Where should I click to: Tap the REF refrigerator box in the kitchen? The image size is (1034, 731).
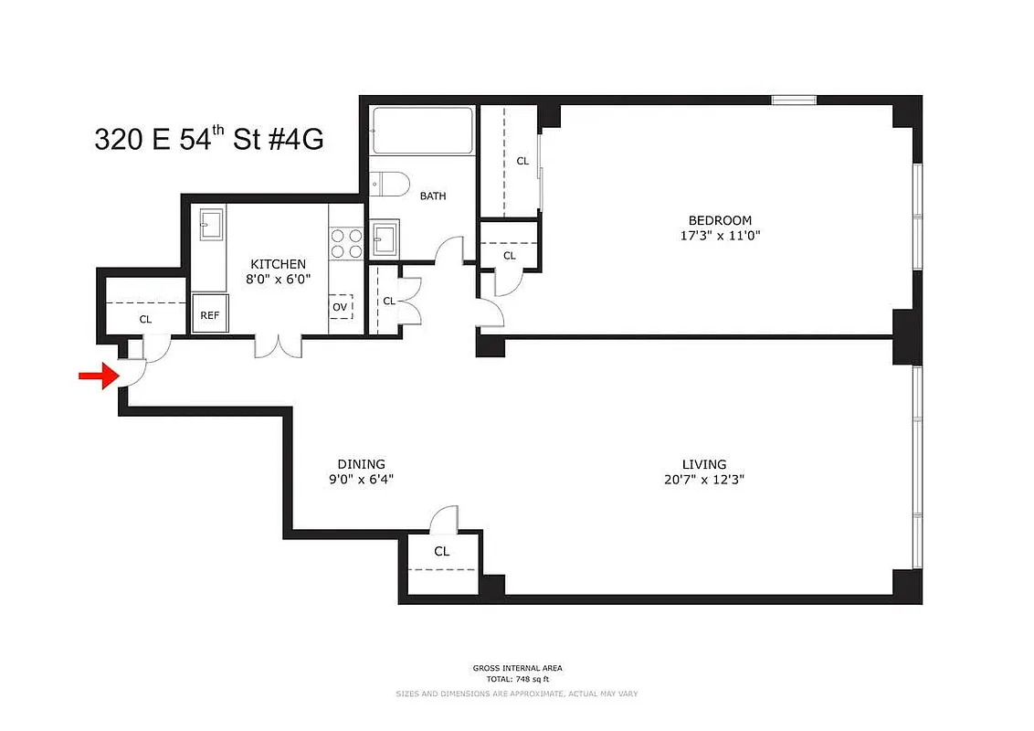click(x=210, y=315)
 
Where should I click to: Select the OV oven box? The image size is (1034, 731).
click(x=341, y=307)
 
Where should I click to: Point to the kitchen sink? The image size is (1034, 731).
click(x=212, y=224)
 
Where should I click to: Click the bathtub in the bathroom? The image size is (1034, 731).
click(x=422, y=130)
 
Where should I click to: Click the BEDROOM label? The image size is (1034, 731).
click(x=720, y=220)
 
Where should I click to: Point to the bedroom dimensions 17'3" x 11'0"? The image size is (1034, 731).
click(x=720, y=236)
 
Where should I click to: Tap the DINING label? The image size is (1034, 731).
click(x=361, y=464)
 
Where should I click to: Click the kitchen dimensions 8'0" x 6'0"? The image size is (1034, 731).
click(x=277, y=280)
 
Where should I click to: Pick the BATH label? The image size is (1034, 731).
click(x=433, y=196)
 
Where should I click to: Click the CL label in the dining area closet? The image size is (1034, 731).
click(x=441, y=552)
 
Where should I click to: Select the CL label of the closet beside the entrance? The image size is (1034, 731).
click(x=145, y=320)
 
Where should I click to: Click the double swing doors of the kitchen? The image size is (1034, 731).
click(x=277, y=346)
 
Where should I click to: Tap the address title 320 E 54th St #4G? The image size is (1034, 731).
click(x=209, y=140)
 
